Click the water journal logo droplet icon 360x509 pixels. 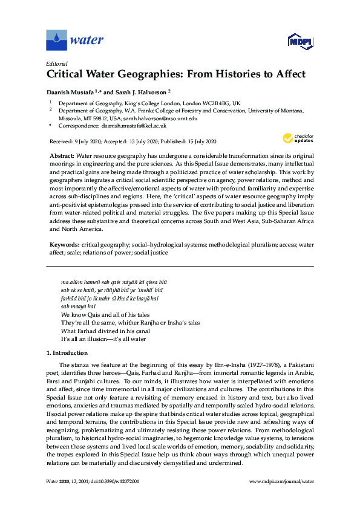[x=56, y=41]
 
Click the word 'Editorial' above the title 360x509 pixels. [x=57, y=63]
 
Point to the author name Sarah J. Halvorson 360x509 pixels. [x=136, y=92]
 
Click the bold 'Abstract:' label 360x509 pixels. [x=62, y=155]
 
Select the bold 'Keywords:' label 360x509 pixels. [x=64, y=245]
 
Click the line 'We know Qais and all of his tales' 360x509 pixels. [x=103, y=315]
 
